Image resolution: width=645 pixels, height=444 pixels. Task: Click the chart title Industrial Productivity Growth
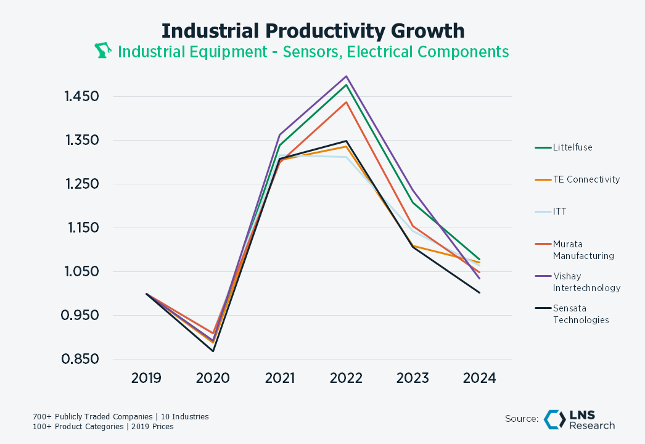coord(313,30)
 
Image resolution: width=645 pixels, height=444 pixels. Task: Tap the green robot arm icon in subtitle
coord(102,51)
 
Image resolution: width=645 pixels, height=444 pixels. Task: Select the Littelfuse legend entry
coord(572,147)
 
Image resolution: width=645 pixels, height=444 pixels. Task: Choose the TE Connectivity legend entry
coord(586,179)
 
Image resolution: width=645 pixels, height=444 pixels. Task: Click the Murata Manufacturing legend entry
coord(583,250)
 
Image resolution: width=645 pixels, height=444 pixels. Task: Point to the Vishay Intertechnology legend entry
coord(586,282)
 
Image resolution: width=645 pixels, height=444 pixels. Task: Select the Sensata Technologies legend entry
coord(580,314)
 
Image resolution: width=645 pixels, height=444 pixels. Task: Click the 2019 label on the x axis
coord(146,378)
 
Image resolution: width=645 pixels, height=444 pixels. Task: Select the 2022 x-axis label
coord(346,378)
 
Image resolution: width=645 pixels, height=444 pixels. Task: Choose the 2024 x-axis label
coord(479,378)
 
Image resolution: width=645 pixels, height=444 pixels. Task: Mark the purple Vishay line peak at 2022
coord(347,76)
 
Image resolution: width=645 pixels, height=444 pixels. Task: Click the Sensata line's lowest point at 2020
coord(213,351)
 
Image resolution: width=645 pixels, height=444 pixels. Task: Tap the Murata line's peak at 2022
coord(347,102)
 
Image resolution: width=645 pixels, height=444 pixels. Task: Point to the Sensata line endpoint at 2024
coord(479,292)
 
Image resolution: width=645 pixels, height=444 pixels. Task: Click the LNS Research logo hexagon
coord(554,419)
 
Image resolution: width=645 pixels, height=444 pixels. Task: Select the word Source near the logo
coord(522,419)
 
